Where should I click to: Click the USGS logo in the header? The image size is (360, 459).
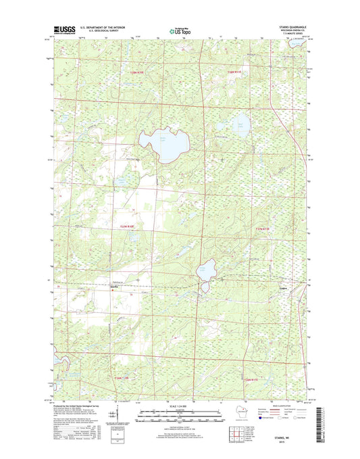coord(63,30)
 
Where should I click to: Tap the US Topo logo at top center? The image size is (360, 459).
coord(179,30)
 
